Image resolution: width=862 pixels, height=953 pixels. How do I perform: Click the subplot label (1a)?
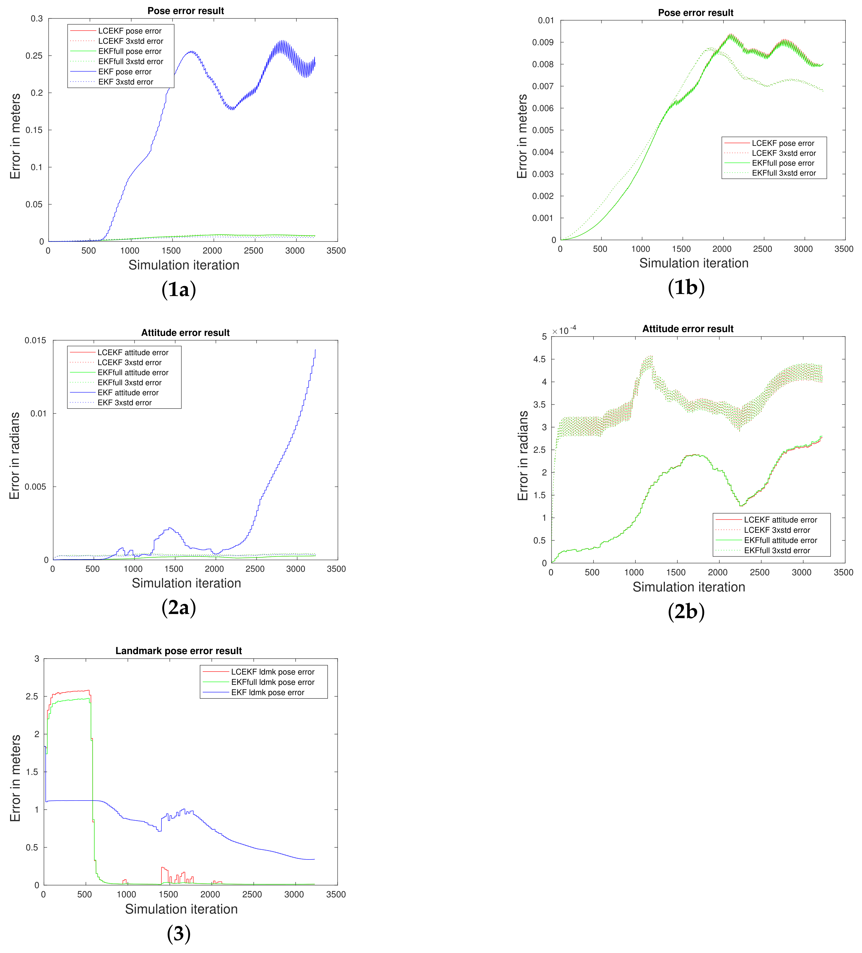pos(179,289)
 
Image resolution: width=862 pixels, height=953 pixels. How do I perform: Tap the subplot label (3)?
pos(179,934)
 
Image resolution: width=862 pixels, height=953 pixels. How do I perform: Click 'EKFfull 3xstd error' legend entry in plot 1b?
pos(783,173)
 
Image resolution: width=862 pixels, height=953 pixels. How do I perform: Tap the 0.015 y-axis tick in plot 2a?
pos(35,340)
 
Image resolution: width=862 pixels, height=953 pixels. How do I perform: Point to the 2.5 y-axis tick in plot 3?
pos(32,697)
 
